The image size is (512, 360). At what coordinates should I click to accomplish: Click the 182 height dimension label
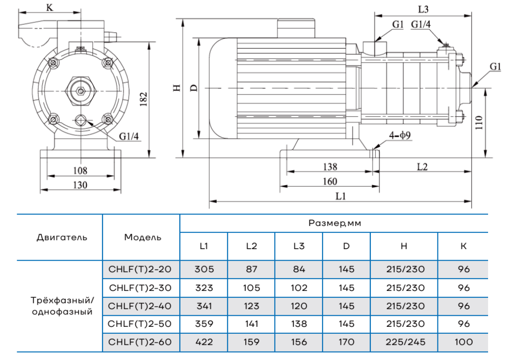(144, 98)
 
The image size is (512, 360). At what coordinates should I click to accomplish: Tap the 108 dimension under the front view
(80, 171)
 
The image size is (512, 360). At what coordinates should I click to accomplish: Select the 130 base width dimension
(80, 185)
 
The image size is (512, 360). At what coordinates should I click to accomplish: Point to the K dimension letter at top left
(50, 7)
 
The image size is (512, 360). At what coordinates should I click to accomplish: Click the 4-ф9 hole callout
(400, 136)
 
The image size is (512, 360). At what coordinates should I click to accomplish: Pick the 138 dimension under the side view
(330, 167)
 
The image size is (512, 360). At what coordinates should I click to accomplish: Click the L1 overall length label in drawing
(340, 196)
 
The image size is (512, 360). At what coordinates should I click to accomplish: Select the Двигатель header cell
(61, 238)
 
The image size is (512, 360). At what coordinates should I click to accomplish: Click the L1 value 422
(204, 342)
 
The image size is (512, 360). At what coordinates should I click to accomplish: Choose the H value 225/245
(404, 342)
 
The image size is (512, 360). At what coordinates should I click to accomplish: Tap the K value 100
(464, 342)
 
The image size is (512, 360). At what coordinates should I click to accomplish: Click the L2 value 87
(251, 269)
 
